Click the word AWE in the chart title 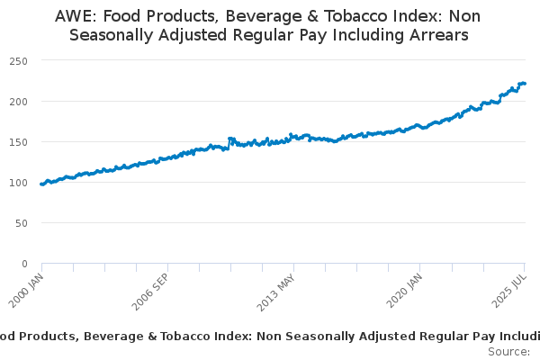click(76, 16)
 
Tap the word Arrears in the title click(437, 36)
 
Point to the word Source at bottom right click(508, 351)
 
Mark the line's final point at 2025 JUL click(525, 84)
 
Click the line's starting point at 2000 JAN click(41, 184)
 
